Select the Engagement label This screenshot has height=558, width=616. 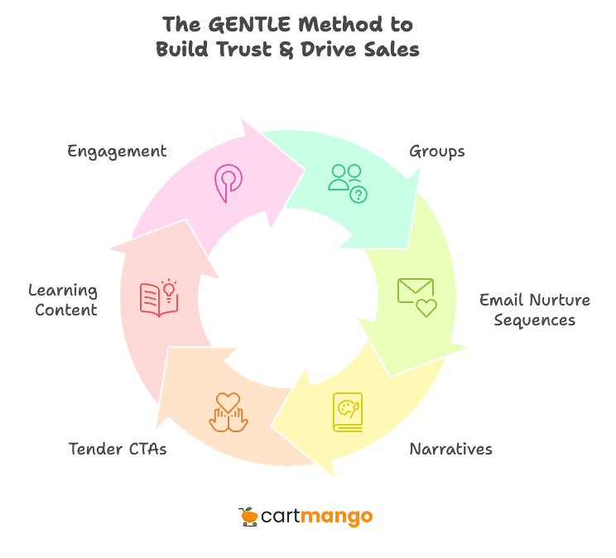coord(117,152)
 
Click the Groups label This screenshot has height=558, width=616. coord(437,152)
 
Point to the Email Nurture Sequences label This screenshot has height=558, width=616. coord(535,310)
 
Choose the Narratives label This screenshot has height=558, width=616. coord(451,450)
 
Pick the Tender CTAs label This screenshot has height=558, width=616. coord(117,450)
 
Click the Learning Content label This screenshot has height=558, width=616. coord(63,301)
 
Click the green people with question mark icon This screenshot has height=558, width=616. coord(347,182)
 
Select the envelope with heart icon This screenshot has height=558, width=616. coord(416,297)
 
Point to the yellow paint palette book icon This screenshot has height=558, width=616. coord(348,411)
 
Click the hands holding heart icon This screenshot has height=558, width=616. coord(228,411)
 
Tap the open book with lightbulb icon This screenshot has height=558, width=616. coord(159,298)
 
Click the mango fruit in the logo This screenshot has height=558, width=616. coord(248,517)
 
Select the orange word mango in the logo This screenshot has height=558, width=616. coord(337,517)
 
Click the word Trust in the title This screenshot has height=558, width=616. coord(256,50)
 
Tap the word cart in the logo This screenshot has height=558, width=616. coord(281,517)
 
